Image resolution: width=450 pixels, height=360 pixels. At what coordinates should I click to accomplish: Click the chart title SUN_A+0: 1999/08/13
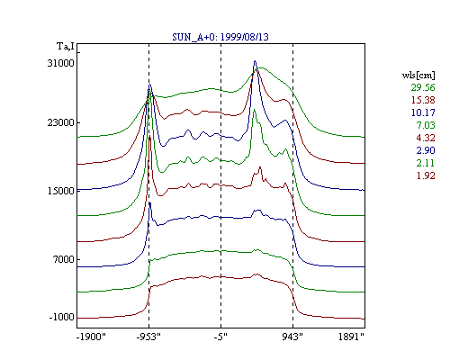[x=220, y=37]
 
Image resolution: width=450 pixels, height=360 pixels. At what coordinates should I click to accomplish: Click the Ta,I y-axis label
[x=66, y=47]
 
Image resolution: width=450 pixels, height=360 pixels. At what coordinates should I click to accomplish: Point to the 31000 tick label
[x=60, y=63]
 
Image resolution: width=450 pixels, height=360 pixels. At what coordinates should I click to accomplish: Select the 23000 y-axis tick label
[x=60, y=122]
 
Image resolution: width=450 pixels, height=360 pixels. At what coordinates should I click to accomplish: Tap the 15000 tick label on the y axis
[x=60, y=191]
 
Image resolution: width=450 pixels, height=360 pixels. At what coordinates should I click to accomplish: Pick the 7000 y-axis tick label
[x=63, y=259]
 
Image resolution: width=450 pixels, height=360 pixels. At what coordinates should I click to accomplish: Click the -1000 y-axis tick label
[x=61, y=317]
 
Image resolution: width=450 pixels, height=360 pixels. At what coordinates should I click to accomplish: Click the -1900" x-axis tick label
[x=91, y=337]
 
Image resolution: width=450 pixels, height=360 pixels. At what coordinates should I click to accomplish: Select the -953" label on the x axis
[x=148, y=337]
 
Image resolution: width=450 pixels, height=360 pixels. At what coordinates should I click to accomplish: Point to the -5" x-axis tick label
[x=220, y=337]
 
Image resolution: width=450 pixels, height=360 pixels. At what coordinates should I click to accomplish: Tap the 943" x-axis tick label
[x=292, y=337]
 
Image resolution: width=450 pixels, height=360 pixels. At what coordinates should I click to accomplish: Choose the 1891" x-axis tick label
[x=351, y=337]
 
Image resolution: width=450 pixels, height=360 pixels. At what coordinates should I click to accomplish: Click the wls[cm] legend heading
[x=418, y=75]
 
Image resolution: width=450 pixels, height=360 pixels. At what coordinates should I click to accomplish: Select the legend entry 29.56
[x=423, y=87]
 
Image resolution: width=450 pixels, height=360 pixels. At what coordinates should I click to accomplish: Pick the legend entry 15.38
[x=423, y=100]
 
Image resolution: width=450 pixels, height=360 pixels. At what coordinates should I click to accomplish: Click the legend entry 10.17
[x=423, y=112]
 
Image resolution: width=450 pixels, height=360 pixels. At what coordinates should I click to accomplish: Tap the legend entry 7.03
[x=426, y=125]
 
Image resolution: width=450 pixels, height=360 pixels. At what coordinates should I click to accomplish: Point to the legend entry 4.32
[x=426, y=138]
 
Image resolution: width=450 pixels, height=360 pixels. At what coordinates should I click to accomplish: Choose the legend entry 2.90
[x=426, y=150]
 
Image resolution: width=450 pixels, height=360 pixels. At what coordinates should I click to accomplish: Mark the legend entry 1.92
[x=426, y=175]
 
